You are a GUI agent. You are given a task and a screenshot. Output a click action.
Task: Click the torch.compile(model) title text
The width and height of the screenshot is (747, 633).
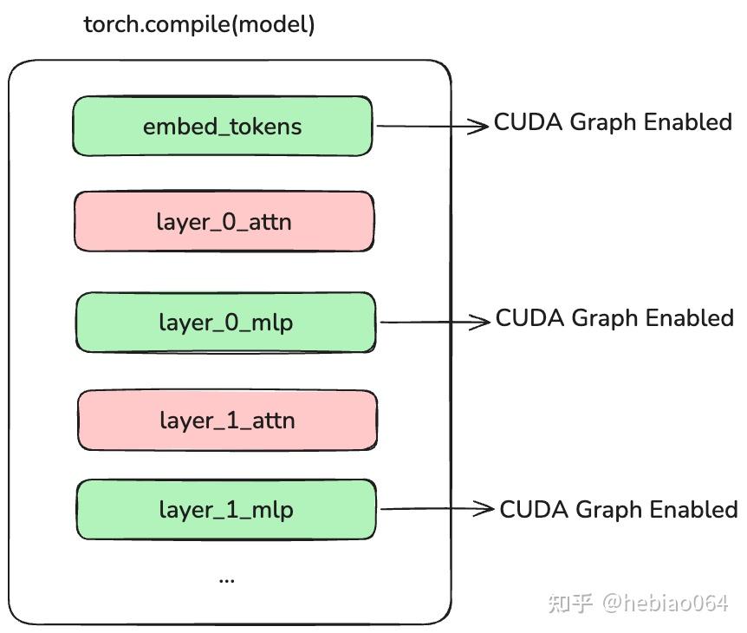(198, 24)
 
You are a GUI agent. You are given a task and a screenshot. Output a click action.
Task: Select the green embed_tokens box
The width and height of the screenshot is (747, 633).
(222, 127)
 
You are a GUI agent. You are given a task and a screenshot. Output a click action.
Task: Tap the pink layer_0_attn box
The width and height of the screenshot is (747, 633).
(224, 222)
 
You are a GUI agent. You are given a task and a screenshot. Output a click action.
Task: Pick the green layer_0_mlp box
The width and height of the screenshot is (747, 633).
(225, 323)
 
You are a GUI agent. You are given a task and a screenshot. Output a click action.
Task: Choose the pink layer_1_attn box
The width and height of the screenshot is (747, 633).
(227, 421)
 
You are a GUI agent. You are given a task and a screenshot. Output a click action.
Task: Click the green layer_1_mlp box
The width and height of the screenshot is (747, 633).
(226, 510)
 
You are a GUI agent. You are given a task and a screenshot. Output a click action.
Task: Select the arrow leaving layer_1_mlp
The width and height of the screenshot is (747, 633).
(437, 510)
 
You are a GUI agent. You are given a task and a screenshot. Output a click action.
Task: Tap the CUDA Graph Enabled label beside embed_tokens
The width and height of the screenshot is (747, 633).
(613, 122)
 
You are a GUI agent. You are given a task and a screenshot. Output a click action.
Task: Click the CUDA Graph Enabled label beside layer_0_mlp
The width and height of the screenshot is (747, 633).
(614, 318)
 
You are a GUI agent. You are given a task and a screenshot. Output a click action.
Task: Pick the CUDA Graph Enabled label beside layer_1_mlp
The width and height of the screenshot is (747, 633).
(619, 509)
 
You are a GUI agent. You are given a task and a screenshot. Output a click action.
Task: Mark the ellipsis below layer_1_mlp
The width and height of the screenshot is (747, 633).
(226, 578)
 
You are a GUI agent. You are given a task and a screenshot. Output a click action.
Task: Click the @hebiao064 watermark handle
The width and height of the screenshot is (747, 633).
(666, 603)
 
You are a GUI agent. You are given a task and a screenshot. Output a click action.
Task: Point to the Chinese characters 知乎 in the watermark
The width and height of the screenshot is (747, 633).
(570, 603)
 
